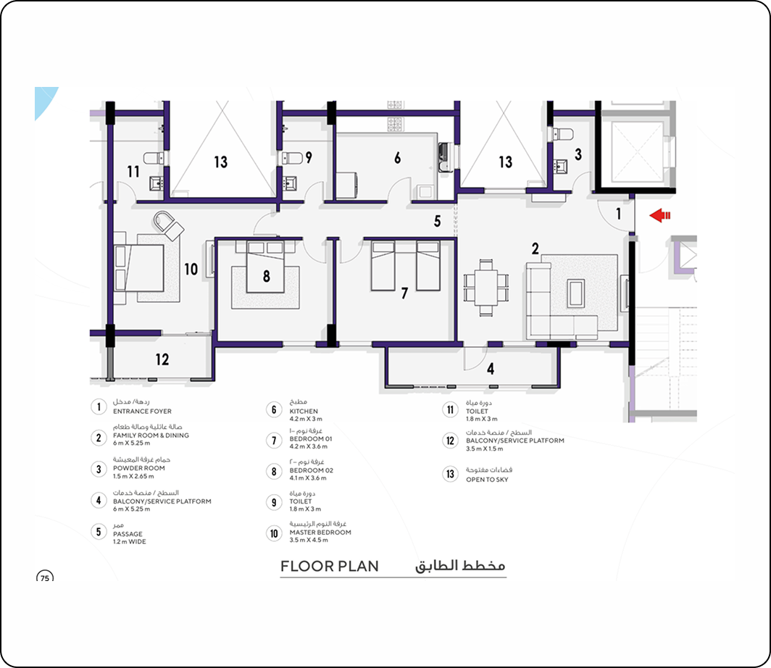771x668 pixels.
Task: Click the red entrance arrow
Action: pyautogui.click(x=660, y=215)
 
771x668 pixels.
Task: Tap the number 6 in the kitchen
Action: pyautogui.click(x=397, y=158)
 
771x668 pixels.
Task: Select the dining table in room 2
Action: pyautogui.click(x=485, y=288)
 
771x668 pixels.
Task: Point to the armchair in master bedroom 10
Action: pyautogui.click(x=168, y=225)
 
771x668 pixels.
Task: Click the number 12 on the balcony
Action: pyautogui.click(x=162, y=359)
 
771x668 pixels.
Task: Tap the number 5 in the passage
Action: pyautogui.click(x=437, y=221)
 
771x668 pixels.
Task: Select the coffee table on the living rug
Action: pyautogui.click(x=576, y=293)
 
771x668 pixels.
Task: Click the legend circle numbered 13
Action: pyautogui.click(x=450, y=474)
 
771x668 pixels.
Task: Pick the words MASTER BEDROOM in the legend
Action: pyautogui.click(x=320, y=533)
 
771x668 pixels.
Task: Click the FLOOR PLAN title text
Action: pyautogui.click(x=330, y=567)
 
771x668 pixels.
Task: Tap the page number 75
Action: pyautogui.click(x=45, y=578)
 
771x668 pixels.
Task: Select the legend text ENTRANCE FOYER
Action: pyautogui.click(x=142, y=412)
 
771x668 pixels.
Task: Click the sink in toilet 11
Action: pyautogui.click(x=157, y=184)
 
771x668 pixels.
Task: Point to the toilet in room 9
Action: pyautogui.click(x=292, y=158)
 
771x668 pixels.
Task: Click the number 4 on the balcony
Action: pyautogui.click(x=491, y=369)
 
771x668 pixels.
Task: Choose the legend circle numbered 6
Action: pyautogui.click(x=274, y=409)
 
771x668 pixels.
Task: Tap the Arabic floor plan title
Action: pyautogui.click(x=459, y=566)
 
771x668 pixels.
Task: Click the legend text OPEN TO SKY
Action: pyautogui.click(x=487, y=480)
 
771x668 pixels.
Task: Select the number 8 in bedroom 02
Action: pyautogui.click(x=266, y=276)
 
